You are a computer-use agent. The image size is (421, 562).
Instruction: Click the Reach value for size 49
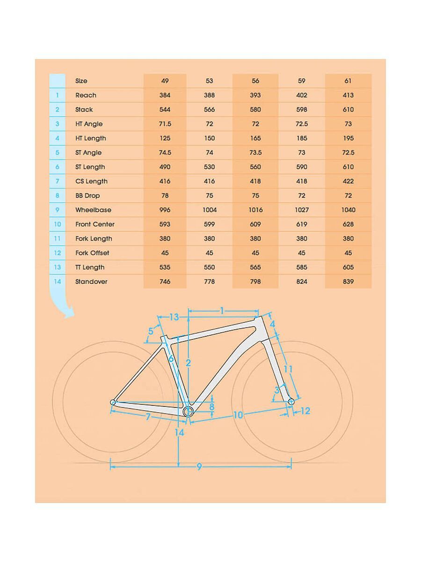click(165, 95)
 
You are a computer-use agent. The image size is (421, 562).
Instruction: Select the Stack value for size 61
click(348, 110)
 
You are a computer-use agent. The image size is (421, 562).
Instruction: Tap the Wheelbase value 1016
click(255, 210)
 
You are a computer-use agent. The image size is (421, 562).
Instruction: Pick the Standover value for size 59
click(302, 281)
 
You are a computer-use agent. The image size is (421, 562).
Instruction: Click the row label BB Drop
click(87, 195)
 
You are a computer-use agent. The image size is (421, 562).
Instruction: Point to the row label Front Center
click(94, 224)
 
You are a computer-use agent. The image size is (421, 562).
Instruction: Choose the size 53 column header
click(209, 81)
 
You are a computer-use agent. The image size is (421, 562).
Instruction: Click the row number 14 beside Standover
click(58, 281)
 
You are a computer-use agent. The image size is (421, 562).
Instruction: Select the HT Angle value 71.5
click(165, 124)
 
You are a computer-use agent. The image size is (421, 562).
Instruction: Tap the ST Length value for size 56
click(255, 167)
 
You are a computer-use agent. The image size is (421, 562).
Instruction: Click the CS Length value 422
click(348, 181)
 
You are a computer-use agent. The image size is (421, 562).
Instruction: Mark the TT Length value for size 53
click(209, 267)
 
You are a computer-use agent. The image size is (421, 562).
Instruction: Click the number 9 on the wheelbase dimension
click(199, 466)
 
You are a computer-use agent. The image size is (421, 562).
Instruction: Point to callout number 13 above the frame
click(174, 317)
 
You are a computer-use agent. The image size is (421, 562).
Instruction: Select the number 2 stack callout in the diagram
click(188, 363)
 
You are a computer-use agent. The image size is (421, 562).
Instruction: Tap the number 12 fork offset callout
click(305, 411)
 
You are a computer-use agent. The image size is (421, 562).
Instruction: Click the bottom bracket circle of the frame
click(188, 411)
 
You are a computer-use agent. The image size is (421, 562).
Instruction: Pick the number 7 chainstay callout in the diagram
click(148, 416)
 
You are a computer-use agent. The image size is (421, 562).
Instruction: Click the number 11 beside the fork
click(288, 369)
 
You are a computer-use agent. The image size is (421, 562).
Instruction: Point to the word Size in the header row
click(81, 81)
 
